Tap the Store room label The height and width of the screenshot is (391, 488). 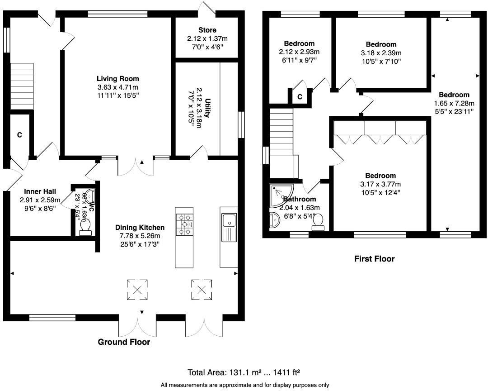pyautogui.click(x=207, y=30)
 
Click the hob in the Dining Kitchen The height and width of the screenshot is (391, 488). pyautogui.click(x=184, y=224)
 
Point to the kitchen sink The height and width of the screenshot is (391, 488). pyautogui.click(x=229, y=222)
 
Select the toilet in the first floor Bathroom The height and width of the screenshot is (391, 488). pyautogui.click(x=319, y=221)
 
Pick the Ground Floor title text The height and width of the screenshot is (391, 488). pyautogui.click(x=124, y=342)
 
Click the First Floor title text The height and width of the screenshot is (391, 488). pyautogui.click(x=374, y=259)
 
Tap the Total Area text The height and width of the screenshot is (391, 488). pyautogui.click(x=244, y=372)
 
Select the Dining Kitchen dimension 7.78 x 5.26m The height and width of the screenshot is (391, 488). pyautogui.click(x=139, y=236)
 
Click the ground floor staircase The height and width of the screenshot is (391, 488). pyautogui.click(x=22, y=79)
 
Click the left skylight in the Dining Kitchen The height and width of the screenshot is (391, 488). pyautogui.click(x=137, y=290)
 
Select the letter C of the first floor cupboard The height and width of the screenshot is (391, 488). pyautogui.click(x=300, y=97)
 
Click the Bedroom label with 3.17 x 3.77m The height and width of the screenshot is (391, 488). pyautogui.click(x=380, y=176)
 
